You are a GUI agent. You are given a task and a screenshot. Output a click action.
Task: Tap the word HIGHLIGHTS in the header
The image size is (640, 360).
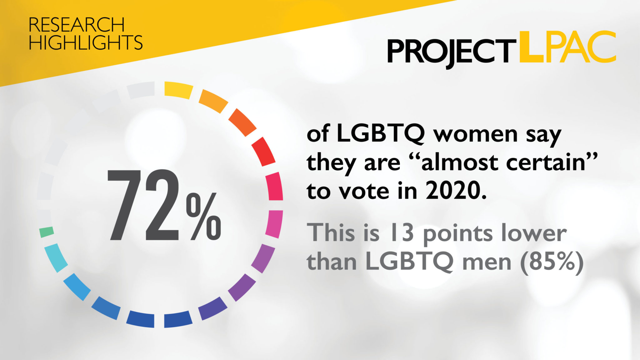click(x=86, y=42)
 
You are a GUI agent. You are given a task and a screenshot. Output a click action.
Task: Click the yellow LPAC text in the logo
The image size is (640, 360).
click(x=567, y=47)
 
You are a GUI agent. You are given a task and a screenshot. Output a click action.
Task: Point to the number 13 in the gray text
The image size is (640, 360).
click(x=401, y=233)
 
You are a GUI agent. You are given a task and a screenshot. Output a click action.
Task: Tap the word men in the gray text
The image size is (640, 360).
click(x=486, y=264)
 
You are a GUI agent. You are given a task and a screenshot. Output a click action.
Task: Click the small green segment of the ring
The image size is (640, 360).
click(x=47, y=232)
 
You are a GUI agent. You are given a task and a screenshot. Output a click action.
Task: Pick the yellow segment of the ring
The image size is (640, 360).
click(x=178, y=90)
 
